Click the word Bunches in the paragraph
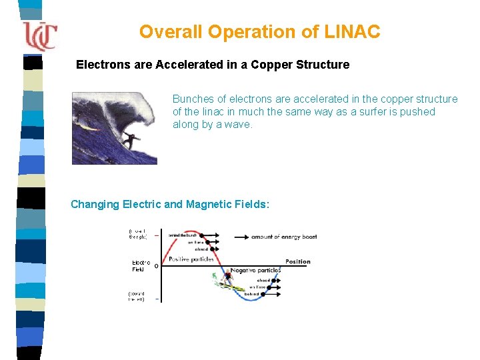point(191,99)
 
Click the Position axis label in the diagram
point(297,261)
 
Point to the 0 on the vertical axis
point(156,266)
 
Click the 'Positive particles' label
point(192,259)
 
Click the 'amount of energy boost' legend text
point(283,237)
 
